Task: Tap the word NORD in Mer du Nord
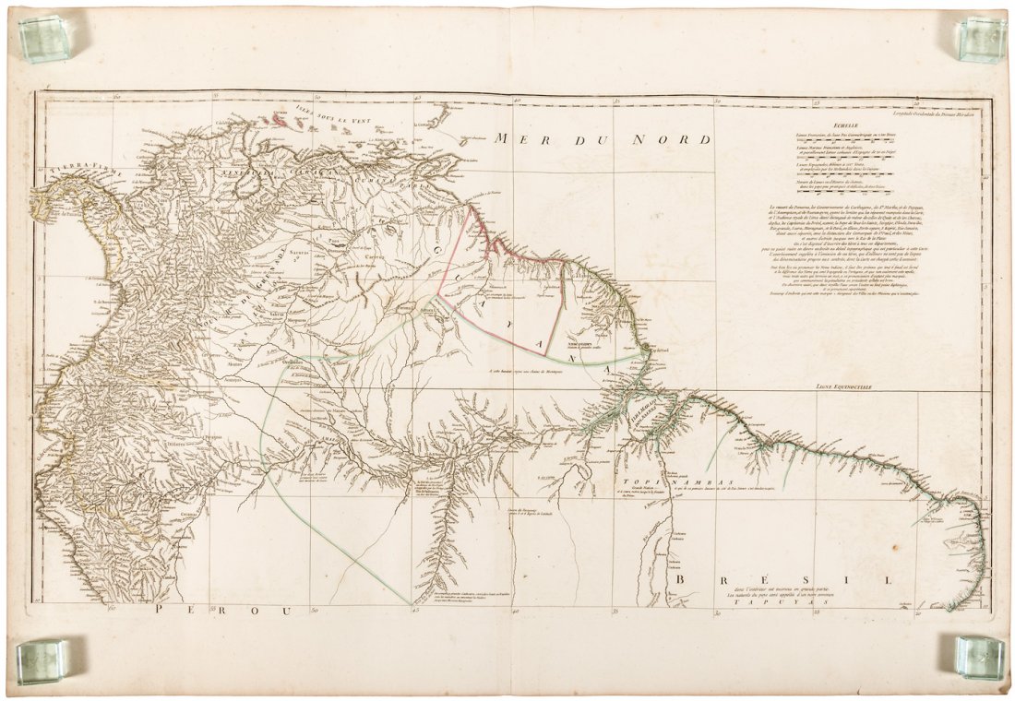coord(675,139)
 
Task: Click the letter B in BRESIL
coord(682,579)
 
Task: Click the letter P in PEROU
coord(163,611)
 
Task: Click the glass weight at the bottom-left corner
coord(42,660)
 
